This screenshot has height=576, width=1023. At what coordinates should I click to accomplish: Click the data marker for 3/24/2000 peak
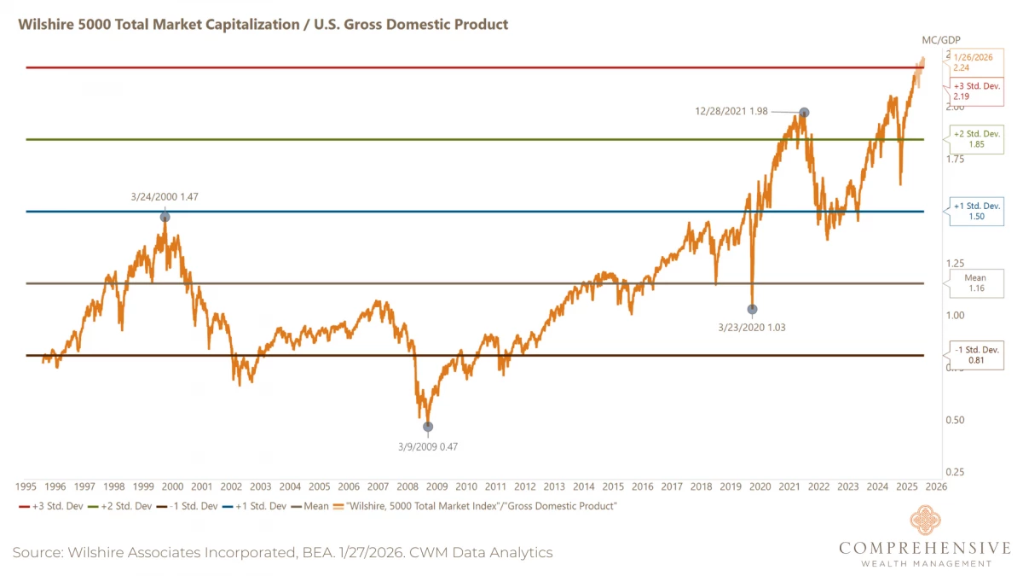tap(165, 217)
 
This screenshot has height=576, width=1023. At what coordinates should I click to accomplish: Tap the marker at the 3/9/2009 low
tap(428, 427)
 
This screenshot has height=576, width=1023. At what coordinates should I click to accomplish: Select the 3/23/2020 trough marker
tap(752, 310)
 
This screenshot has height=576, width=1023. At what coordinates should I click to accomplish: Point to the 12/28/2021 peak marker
tap(803, 113)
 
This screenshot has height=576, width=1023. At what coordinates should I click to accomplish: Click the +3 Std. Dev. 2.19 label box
tap(973, 91)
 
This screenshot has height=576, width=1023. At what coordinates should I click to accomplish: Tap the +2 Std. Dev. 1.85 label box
tap(977, 139)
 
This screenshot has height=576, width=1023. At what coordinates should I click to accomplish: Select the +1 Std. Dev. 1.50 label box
tap(977, 211)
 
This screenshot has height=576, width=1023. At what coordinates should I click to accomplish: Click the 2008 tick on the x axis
tap(407, 487)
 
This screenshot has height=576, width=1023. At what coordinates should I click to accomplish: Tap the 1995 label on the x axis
tap(26, 487)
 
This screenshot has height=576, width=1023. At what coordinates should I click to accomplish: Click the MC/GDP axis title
tap(940, 40)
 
